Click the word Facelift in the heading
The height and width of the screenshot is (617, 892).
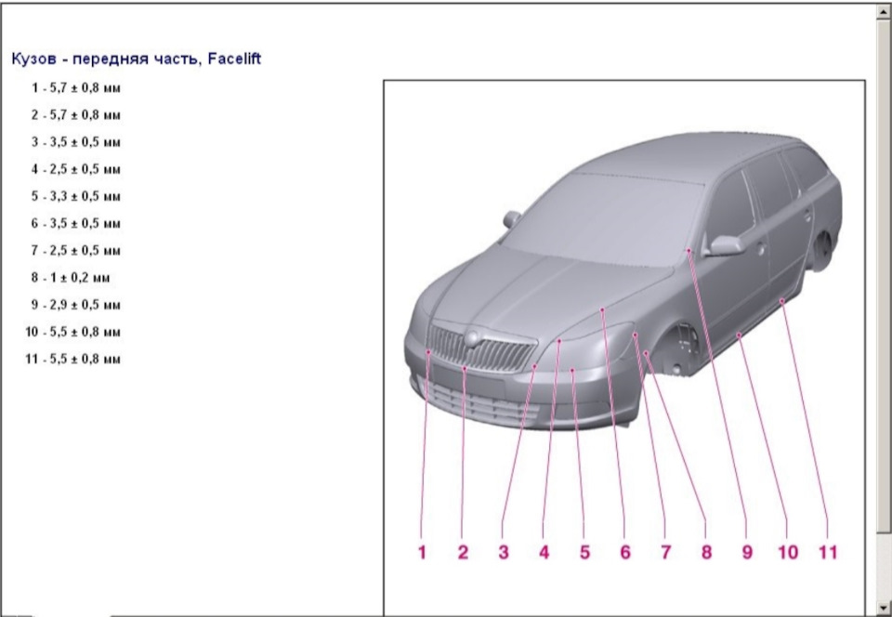[234, 59]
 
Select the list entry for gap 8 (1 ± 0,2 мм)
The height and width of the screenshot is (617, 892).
[71, 278]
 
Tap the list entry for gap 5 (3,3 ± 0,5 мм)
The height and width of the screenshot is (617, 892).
[75, 196]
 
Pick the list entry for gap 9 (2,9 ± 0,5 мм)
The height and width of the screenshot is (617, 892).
[75, 305]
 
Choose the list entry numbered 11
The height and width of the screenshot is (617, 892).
[72, 359]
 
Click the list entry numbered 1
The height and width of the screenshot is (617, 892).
[75, 88]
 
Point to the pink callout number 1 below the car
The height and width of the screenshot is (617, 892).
[422, 552]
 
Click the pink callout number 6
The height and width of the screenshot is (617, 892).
[625, 552]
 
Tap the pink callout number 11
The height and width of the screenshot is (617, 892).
[828, 552]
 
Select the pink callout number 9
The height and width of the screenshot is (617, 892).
[747, 552]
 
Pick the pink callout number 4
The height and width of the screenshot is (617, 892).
[544, 552]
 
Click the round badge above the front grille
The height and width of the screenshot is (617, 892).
[472, 338]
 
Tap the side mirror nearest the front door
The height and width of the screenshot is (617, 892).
[724, 245]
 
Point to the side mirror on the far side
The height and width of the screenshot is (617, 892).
[511, 219]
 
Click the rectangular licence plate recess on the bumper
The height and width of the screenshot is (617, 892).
[467, 380]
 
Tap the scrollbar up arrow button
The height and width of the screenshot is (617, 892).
[884, 11]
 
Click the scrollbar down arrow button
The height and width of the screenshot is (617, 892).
[884, 608]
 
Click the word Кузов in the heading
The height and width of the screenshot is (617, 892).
[33, 59]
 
